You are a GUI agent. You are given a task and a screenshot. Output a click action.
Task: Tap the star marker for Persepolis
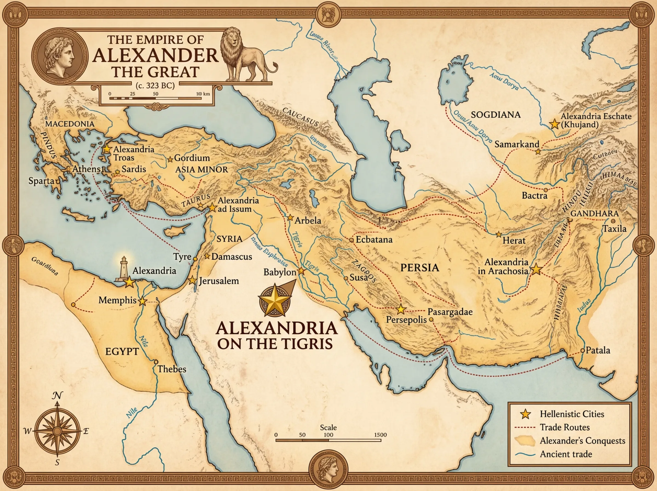pos(401,309)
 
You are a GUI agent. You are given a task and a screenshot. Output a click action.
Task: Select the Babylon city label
pos(280,272)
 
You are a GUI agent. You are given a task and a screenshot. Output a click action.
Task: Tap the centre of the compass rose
pos(57,431)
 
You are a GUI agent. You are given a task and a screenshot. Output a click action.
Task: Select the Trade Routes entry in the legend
pos(564,427)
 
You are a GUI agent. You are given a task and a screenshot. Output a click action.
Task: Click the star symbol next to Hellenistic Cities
pos(526,414)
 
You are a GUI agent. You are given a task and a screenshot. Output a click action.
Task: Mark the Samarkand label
pos(517,144)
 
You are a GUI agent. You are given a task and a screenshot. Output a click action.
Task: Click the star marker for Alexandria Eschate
pos(554,124)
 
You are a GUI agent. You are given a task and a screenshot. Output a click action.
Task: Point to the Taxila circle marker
pos(613,221)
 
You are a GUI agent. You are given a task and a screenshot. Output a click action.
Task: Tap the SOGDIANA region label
pos(495,115)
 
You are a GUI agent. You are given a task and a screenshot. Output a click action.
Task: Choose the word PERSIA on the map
pos(419,267)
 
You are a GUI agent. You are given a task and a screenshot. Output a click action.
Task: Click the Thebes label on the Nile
pos(172,369)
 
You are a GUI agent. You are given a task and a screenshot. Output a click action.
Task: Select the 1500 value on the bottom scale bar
pos(380,435)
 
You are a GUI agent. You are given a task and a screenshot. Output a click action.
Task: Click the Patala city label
pos(598,350)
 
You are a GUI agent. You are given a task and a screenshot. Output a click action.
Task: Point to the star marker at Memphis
pos(143,301)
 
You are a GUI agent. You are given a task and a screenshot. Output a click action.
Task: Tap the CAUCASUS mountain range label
pos(300,117)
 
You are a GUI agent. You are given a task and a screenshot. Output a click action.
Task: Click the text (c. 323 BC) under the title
pos(155,85)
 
